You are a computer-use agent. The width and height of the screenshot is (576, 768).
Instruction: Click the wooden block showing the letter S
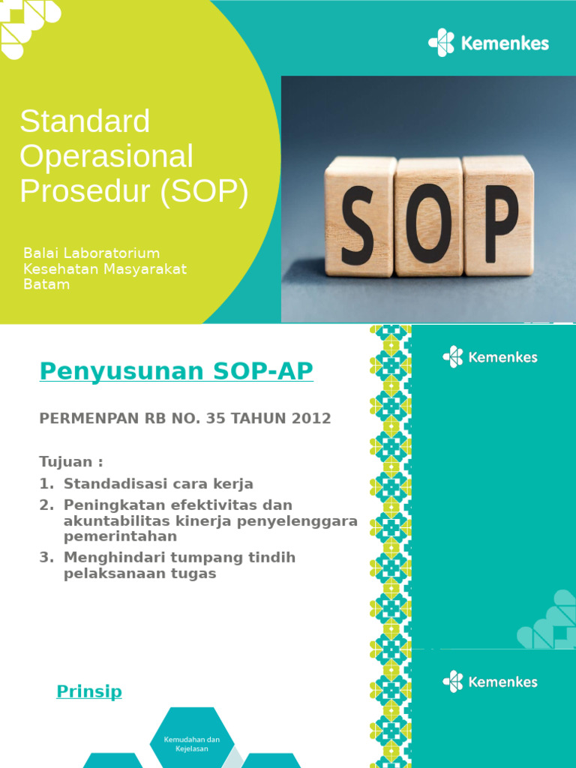pyautogui.click(x=360, y=217)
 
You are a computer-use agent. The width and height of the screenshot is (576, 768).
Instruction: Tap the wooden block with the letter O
pyautogui.click(x=428, y=217)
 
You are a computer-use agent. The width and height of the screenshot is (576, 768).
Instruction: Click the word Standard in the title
pyautogui.click(x=85, y=121)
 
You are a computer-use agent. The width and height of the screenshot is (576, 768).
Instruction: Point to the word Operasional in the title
pyautogui.click(x=106, y=157)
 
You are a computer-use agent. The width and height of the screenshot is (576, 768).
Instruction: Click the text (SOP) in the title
pyautogui.click(x=203, y=192)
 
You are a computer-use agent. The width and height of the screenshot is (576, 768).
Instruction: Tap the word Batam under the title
pyautogui.click(x=46, y=285)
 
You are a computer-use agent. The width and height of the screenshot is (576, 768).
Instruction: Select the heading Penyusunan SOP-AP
pyautogui.click(x=176, y=371)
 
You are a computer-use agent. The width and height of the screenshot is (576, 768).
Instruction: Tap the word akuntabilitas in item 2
pyautogui.click(x=112, y=520)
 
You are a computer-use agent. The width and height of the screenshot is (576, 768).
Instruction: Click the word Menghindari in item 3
pyautogui.click(x=109, y=557)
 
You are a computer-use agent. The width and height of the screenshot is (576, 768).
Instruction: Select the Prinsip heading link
pyautogui.click(x=89, y=691)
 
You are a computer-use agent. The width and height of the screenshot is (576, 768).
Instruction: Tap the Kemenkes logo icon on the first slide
pyautogui.click(x=442, y=43)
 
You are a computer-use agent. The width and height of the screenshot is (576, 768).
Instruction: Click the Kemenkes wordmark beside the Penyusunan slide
pyautogui.click(x=502, y=357)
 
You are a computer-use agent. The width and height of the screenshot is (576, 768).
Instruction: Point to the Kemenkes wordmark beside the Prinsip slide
pyautogui.click(x=502, y=682)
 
